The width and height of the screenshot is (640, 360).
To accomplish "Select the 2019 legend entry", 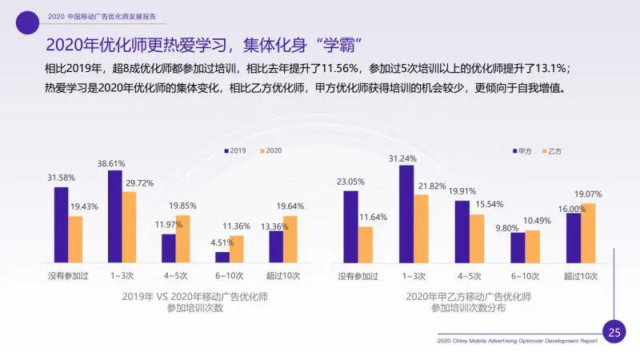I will (234, 150).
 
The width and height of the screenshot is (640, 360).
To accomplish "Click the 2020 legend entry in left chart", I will (270, 150).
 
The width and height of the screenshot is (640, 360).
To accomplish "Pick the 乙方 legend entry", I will (554, 150).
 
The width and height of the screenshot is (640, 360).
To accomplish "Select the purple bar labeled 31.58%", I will (61, 224).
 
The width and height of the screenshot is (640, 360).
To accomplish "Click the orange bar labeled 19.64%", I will (290, 238).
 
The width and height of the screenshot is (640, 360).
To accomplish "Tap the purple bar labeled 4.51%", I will (222, 257).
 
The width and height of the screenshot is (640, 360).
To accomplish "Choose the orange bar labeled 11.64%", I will (365, 244).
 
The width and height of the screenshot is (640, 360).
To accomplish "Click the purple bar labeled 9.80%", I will (518, 247).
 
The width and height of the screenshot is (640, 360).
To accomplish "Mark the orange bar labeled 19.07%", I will (588, 232).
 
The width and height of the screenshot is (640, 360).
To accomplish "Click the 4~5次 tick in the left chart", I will (175, 276).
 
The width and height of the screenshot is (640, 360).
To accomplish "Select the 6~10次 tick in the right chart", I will (525, 276).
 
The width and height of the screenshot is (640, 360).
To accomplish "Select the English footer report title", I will (517, 341).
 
